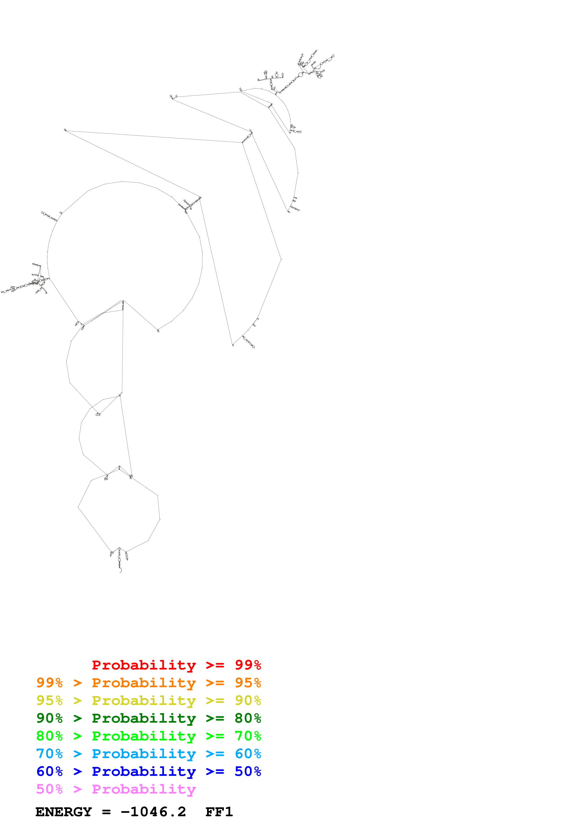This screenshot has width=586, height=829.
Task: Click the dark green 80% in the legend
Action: point(248,718)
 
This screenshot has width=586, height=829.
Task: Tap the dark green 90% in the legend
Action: point(49,718)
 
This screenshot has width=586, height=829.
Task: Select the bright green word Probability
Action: point(144,736)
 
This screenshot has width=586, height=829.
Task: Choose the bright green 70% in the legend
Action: point(248,736)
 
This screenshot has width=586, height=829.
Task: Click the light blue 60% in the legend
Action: point(248,754)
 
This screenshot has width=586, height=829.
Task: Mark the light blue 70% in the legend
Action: point(49,754)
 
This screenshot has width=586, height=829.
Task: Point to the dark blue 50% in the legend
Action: point(248,771)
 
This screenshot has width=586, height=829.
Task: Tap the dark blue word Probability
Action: point(144,771)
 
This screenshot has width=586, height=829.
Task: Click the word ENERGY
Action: point(64,812)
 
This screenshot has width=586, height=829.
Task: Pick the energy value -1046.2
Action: point(153,812)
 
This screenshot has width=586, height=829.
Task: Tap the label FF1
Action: point(219,812)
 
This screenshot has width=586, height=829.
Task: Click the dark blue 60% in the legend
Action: point(49,771)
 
